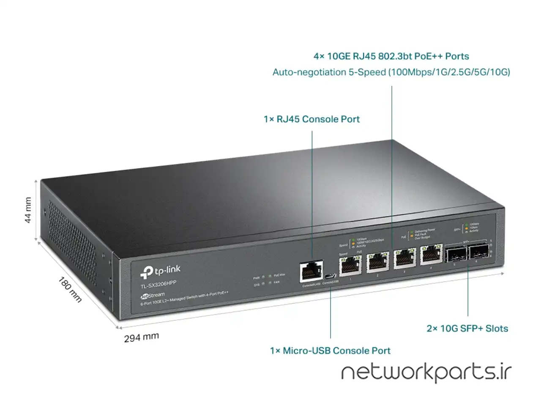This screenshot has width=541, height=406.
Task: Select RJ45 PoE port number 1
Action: [x=350, y=265]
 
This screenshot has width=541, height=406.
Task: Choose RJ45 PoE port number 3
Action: [x=404, y=258]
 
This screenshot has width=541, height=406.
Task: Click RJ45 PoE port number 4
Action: [x=430, y=255]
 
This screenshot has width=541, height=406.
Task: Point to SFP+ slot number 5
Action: [x=456, y=254]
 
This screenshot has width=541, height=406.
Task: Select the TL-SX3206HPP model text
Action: [x=158, y=284]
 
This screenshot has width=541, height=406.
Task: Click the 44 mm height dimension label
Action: [x=28, y=210]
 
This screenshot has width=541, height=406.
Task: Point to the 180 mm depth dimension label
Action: [x=70, y=289]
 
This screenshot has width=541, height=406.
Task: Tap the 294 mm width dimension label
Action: [x=142, y=337]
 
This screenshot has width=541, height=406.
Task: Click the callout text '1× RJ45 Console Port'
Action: [x=311, y=119]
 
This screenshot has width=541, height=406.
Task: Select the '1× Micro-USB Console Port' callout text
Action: [x=330, y=351]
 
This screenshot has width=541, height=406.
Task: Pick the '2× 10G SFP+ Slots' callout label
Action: [x=467, y=329]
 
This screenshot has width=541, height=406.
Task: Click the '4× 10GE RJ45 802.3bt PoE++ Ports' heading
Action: [x=391, y=56]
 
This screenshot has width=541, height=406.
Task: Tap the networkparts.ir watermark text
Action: [x=426, y=372]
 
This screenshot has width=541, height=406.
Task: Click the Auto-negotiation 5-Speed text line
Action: [x=391, y=72]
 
